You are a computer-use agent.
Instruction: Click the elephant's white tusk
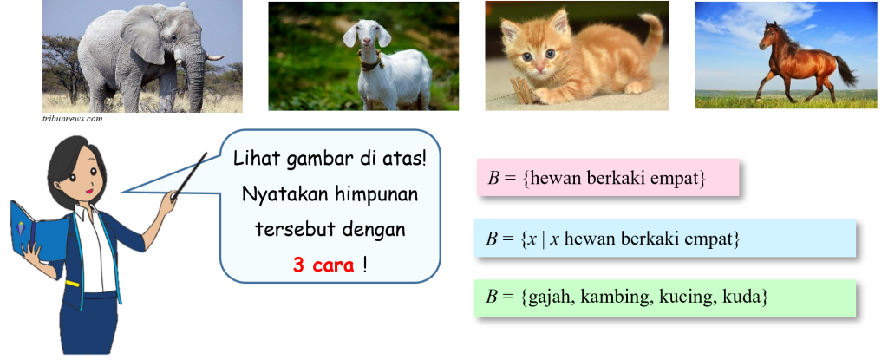pyautogui.click(x=215, y=56)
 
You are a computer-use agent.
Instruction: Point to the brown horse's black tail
pyautogui.click(x=845, y=71)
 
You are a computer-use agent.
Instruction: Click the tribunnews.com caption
pyautogui.click(x=72, y=119)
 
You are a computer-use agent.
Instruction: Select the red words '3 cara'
pyautogui.click(x=323, y=265)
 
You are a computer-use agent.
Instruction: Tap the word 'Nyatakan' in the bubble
pyautogui.click(x=284, y=194)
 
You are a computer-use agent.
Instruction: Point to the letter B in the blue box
pyautogui.click(x=492, y=239)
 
